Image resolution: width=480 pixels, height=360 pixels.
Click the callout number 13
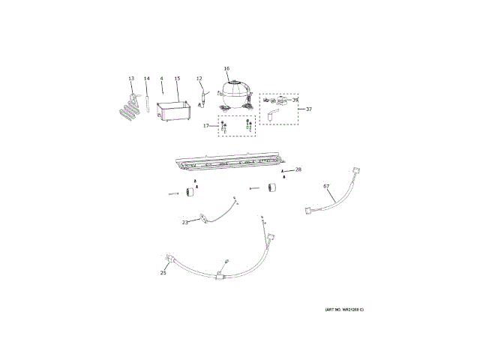(x=131, y=79)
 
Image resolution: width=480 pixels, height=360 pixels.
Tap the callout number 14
(x=147, y=79)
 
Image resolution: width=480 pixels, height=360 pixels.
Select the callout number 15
(x=177, y=79)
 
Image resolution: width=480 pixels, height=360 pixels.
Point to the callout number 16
(x=226, y=68)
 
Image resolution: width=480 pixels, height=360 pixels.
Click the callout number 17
(x=206, y=126)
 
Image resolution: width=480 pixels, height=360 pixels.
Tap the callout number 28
(x=298, y=169)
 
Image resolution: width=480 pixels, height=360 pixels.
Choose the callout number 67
(x=326, y=185)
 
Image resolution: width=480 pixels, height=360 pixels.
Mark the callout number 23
(x=185, y=222)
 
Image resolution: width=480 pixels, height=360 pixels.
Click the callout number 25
(x=163, y=273)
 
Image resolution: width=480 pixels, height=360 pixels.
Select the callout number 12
(x=199, y=79)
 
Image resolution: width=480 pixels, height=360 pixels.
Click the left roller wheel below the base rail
(x=189, y=194)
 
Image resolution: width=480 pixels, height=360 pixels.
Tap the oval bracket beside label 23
(x=201, y=220)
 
